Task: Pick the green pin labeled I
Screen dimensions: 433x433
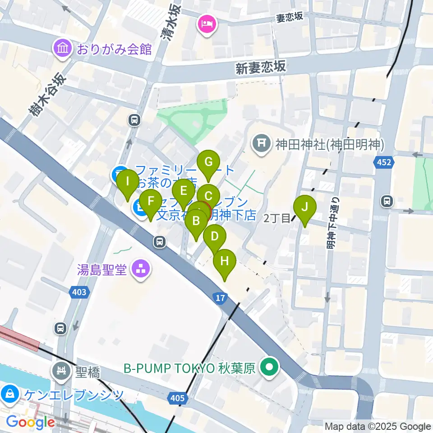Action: (128, 182)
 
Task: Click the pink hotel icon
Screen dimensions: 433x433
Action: (207, 23)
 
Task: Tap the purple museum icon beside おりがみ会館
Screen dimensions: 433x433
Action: (63, 49)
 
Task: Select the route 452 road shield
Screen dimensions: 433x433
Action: (383, 162)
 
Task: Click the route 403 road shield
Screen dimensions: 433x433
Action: (79, 292)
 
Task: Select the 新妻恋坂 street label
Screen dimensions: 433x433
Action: (261, 68)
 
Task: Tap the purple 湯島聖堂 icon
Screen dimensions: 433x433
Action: (141, 270)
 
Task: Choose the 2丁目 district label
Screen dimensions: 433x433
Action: (277, 218)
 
